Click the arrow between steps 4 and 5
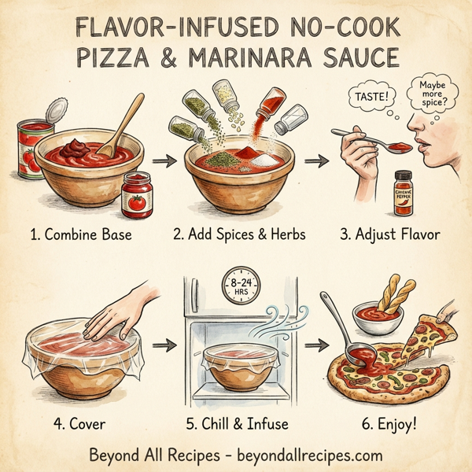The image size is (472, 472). tap(164, 345)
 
